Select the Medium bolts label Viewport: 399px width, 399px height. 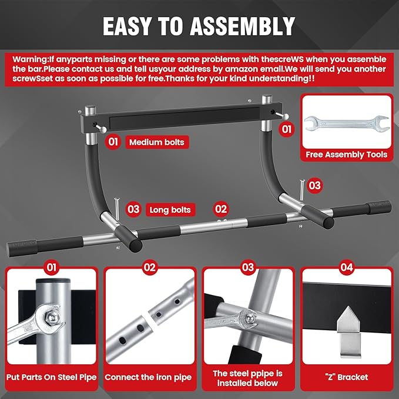point(156,142)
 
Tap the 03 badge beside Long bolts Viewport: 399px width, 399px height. point(133,209)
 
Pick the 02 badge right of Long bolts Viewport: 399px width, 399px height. point(220,208)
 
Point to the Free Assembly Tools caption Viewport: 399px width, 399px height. point(347,155)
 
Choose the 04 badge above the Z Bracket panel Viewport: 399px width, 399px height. point(346,268)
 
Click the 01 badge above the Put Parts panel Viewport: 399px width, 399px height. point(52,268)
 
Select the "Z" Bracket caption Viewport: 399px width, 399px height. point(346,377)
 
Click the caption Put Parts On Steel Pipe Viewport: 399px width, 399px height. point(52,377)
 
